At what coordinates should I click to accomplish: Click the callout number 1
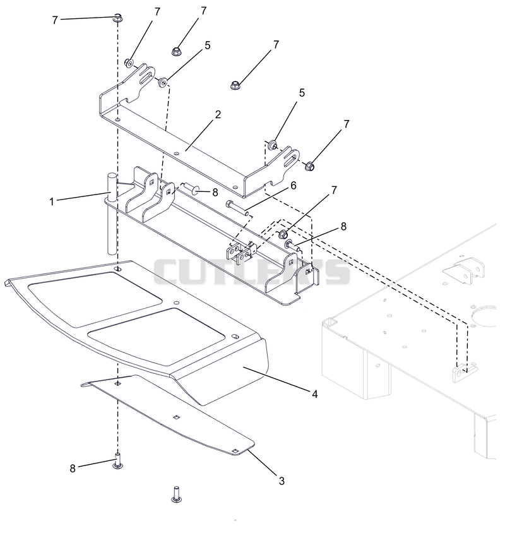(x=52, y=201)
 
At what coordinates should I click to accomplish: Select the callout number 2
(x=218, y=114)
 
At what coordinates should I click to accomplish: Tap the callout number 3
(x=282, y=481)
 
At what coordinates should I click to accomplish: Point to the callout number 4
(x=314, y=394)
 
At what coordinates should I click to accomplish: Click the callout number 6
(x=294, y=186)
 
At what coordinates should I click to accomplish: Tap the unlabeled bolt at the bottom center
(x=177, y=494)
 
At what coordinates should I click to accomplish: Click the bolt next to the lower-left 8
(x=118, y=461)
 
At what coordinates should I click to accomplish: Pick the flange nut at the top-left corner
(x=117, y=18)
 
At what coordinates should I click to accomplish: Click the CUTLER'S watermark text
(x=252, y=272)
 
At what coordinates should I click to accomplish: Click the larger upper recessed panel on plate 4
(x=95, y=298)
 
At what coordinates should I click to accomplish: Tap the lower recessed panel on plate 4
(x=157, y=336)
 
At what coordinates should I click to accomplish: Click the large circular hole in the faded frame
(x=485, y=316)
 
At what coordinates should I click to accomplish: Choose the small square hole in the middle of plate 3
(x=177, y=417)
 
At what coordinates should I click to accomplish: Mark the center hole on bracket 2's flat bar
(x=177, y=153)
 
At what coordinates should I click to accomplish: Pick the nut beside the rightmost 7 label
(x=309, y=166)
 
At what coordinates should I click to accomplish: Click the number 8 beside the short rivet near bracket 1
(x=215, y=192)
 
